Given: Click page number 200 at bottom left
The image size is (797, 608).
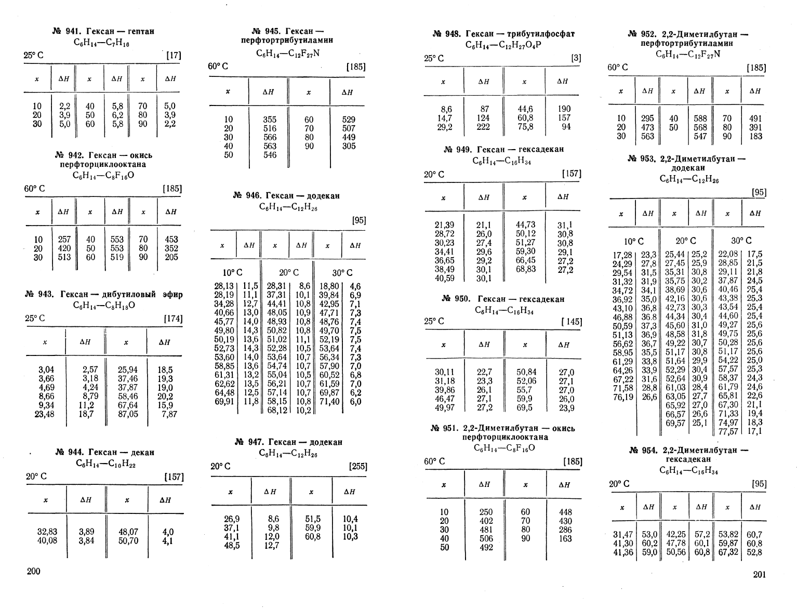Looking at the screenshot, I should tap(33, 572).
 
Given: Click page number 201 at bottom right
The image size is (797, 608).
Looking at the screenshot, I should tap(759, 574).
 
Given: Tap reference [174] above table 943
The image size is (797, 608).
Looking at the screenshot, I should tap(173, 319).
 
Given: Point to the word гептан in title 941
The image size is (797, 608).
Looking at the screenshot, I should tap(139, 32).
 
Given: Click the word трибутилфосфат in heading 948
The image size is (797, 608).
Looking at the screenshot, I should tap(547, 34).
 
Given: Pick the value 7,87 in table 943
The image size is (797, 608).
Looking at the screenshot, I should tap(169, 414).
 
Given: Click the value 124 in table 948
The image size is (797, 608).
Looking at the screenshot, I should tap(484, 118).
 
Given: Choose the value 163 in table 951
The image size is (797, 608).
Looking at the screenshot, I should tap(565, 539).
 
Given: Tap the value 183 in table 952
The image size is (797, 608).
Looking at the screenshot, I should tap(756, 136).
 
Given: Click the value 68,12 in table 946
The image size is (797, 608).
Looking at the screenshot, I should tap(277, 411).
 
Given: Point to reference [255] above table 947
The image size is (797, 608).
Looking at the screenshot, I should tap(358, 467).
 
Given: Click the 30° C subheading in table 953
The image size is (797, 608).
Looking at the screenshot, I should tap(741, 241).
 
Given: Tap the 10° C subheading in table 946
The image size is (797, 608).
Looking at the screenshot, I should tap(232, 273).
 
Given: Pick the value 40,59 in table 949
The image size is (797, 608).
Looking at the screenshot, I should tap(444, 279).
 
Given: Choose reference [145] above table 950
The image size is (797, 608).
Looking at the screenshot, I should tap(572, 322).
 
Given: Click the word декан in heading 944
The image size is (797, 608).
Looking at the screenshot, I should tap(140, 453).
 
